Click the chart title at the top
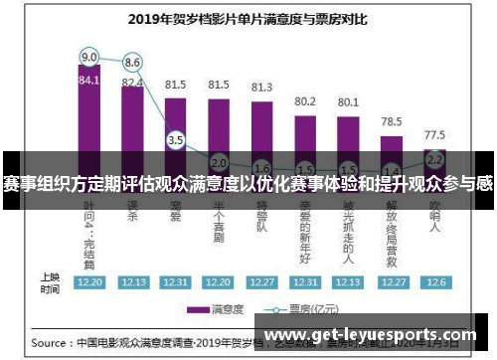[x=248, y=17]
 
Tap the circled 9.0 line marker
[x=89, y=56]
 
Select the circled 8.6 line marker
[x=132, y=62]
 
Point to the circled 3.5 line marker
[x=176, y=141]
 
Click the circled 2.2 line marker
[x=434, y=158]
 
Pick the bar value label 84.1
[x=89, y=81]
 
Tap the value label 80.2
[x=305, y=101]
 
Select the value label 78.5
[x=392, y=121]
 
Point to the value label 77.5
[x=434, y=133]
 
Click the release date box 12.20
[x=89, y=282]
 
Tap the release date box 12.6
[x=434, y=282]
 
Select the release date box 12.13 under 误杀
[x=132, y=282]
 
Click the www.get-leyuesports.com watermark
[x=373, y=335]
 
